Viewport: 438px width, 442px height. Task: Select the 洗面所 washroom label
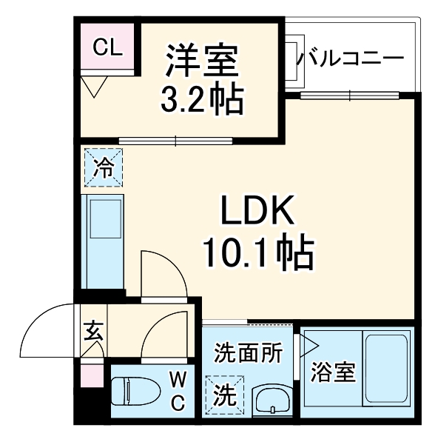coord(248,353)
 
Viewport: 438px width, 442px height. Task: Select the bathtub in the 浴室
coord(385,369)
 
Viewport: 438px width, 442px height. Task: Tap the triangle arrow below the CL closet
coord(93,87)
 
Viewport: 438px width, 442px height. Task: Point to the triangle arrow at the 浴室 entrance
coord(309,346)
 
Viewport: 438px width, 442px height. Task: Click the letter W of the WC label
coord(178,381)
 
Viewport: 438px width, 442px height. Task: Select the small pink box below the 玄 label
coord(92,374)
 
